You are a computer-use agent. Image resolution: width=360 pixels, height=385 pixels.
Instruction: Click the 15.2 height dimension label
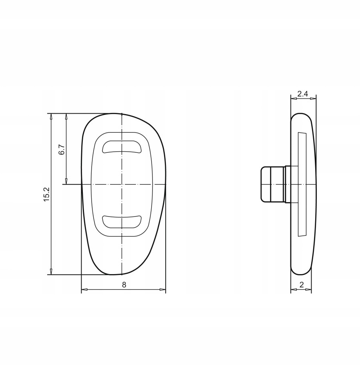(x=47, y=194)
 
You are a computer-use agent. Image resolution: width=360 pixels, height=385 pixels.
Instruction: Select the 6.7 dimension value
(x=62, y=149)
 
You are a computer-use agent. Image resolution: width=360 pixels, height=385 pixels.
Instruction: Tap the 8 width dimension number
(x=124, y=285)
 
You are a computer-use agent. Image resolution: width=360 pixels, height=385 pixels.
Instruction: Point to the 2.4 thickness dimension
(x=302, y=94)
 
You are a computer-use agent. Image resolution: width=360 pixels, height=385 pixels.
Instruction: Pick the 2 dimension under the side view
(x=302, y=285)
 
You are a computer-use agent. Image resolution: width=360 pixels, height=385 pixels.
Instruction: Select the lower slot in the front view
(x=122, y=222)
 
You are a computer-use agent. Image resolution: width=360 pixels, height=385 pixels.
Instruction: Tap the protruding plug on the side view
(x=272, y=184)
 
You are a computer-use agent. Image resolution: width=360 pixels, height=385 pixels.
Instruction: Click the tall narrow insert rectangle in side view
(x=302, y=184)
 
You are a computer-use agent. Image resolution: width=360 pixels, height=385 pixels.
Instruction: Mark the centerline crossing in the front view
(x=122, y=184)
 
